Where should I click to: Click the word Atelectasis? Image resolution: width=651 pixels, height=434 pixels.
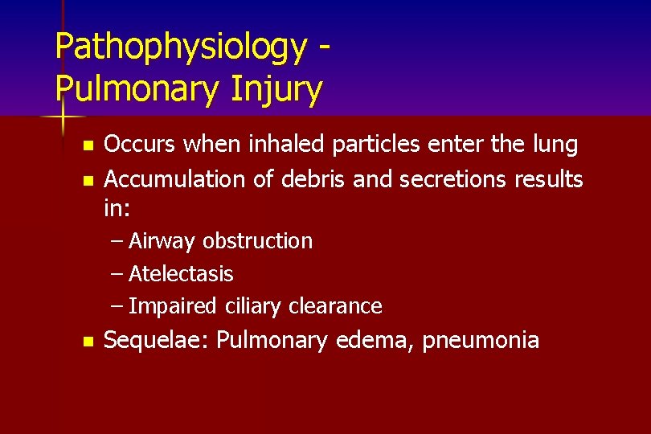[181, 274]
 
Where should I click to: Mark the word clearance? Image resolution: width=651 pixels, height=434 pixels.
[337, 306]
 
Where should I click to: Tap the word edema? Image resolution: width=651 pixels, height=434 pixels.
[371, 340]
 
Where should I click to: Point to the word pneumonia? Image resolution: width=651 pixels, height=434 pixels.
[480, 341]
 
